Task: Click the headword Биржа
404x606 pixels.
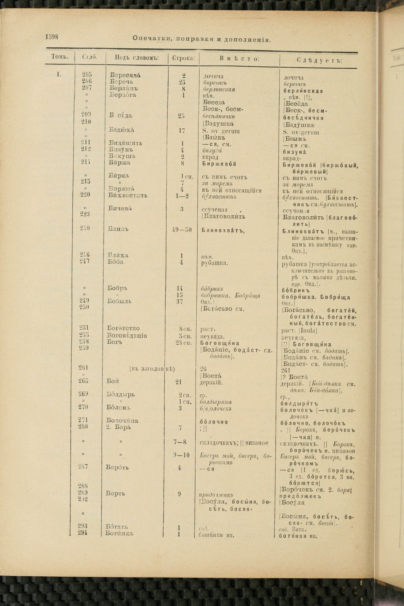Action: tap(119, 163)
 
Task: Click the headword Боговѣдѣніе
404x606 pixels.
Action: tap(127, 335)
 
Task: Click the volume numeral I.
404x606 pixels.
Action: tap(59, 75)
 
